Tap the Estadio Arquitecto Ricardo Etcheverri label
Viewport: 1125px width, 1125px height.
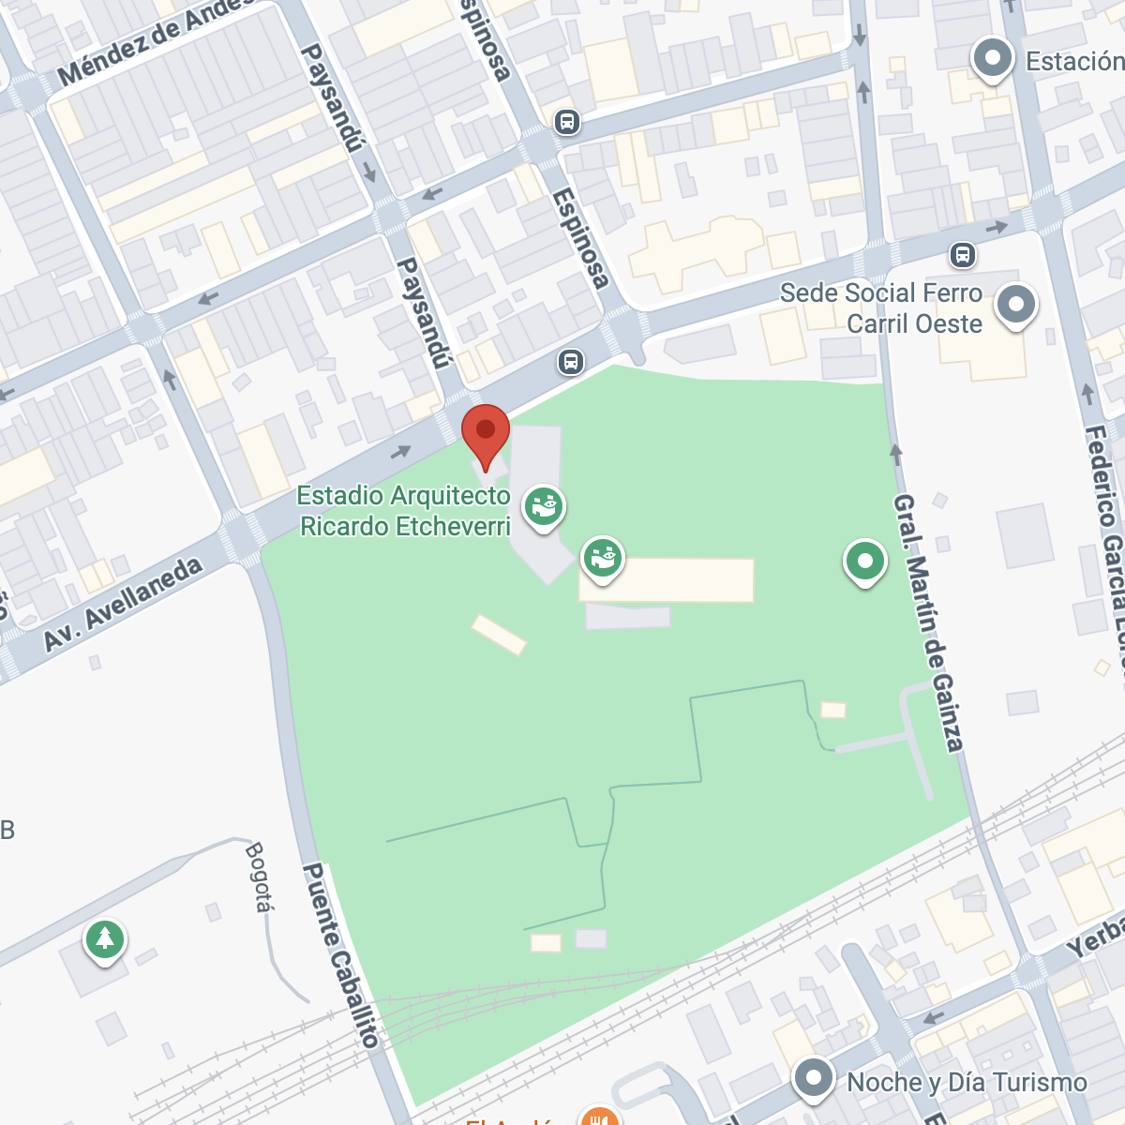[404, 511]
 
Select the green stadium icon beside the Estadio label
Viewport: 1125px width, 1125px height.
[543, 506]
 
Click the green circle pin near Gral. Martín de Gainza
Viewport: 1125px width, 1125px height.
[864, 562]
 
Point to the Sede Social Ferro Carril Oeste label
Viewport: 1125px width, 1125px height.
[881, 308]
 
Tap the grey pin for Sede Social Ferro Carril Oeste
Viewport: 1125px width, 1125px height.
[1016, 305]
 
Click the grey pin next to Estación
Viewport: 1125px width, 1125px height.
[992, 59]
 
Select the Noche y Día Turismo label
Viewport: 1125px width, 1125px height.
[967, 1083]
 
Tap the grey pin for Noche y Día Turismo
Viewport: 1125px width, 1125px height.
[813, 1078]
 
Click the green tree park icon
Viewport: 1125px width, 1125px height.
[105, 938]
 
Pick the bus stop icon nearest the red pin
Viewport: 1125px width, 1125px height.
[570, 362]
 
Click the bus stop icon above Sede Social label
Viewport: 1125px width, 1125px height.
[962, 254]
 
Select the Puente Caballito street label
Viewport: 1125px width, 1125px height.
[340, 954]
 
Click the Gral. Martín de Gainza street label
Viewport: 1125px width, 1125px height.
[927, 623]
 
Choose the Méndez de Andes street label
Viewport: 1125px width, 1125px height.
[155, 42]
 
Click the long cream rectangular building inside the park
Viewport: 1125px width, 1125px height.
[667, 580]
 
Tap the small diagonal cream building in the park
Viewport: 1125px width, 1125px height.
[499, 635]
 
